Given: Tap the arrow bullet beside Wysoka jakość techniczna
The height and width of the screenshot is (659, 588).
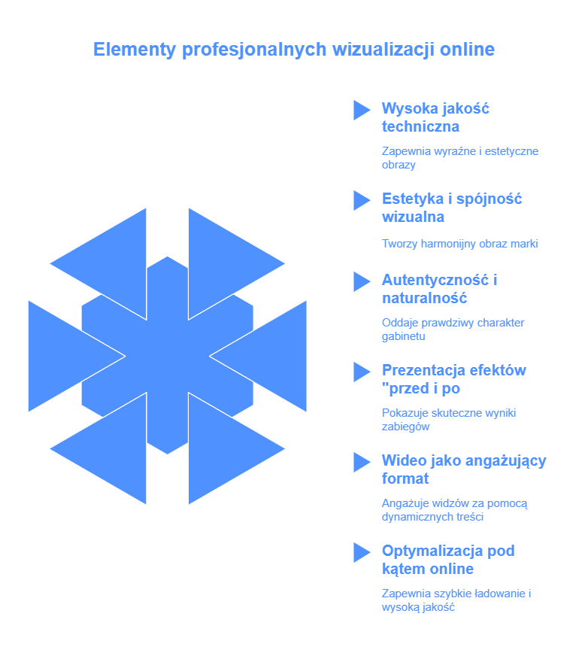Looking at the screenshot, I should click(x=362, y=111).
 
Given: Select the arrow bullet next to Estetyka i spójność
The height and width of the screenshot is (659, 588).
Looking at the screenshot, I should click(x=362, y=201).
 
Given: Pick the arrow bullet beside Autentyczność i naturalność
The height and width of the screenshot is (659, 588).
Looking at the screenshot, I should click(x=362, y=282).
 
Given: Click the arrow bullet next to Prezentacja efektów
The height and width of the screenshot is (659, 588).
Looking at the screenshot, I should click(x=362, y=372).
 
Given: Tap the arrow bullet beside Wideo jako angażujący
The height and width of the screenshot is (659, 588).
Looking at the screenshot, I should click(x=362, y=463).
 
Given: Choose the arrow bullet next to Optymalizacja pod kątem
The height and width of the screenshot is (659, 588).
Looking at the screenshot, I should click(x=362, y=553).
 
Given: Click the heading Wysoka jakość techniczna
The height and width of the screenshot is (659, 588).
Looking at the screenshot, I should click(x=435, y=117).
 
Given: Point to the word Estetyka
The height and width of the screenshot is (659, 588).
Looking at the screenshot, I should click(x=412, y=199).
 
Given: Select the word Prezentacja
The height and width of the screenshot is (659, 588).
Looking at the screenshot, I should click(x=423, y=370).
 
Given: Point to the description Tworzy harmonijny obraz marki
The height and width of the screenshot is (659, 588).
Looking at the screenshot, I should click(x=459, y=244).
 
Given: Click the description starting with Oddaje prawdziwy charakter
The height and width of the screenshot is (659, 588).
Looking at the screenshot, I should click(x=453, y=329).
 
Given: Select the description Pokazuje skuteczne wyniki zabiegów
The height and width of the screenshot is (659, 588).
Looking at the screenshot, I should click(x=449, y=420).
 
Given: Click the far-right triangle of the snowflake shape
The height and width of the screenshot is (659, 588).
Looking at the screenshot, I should click(x=271, y=356).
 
